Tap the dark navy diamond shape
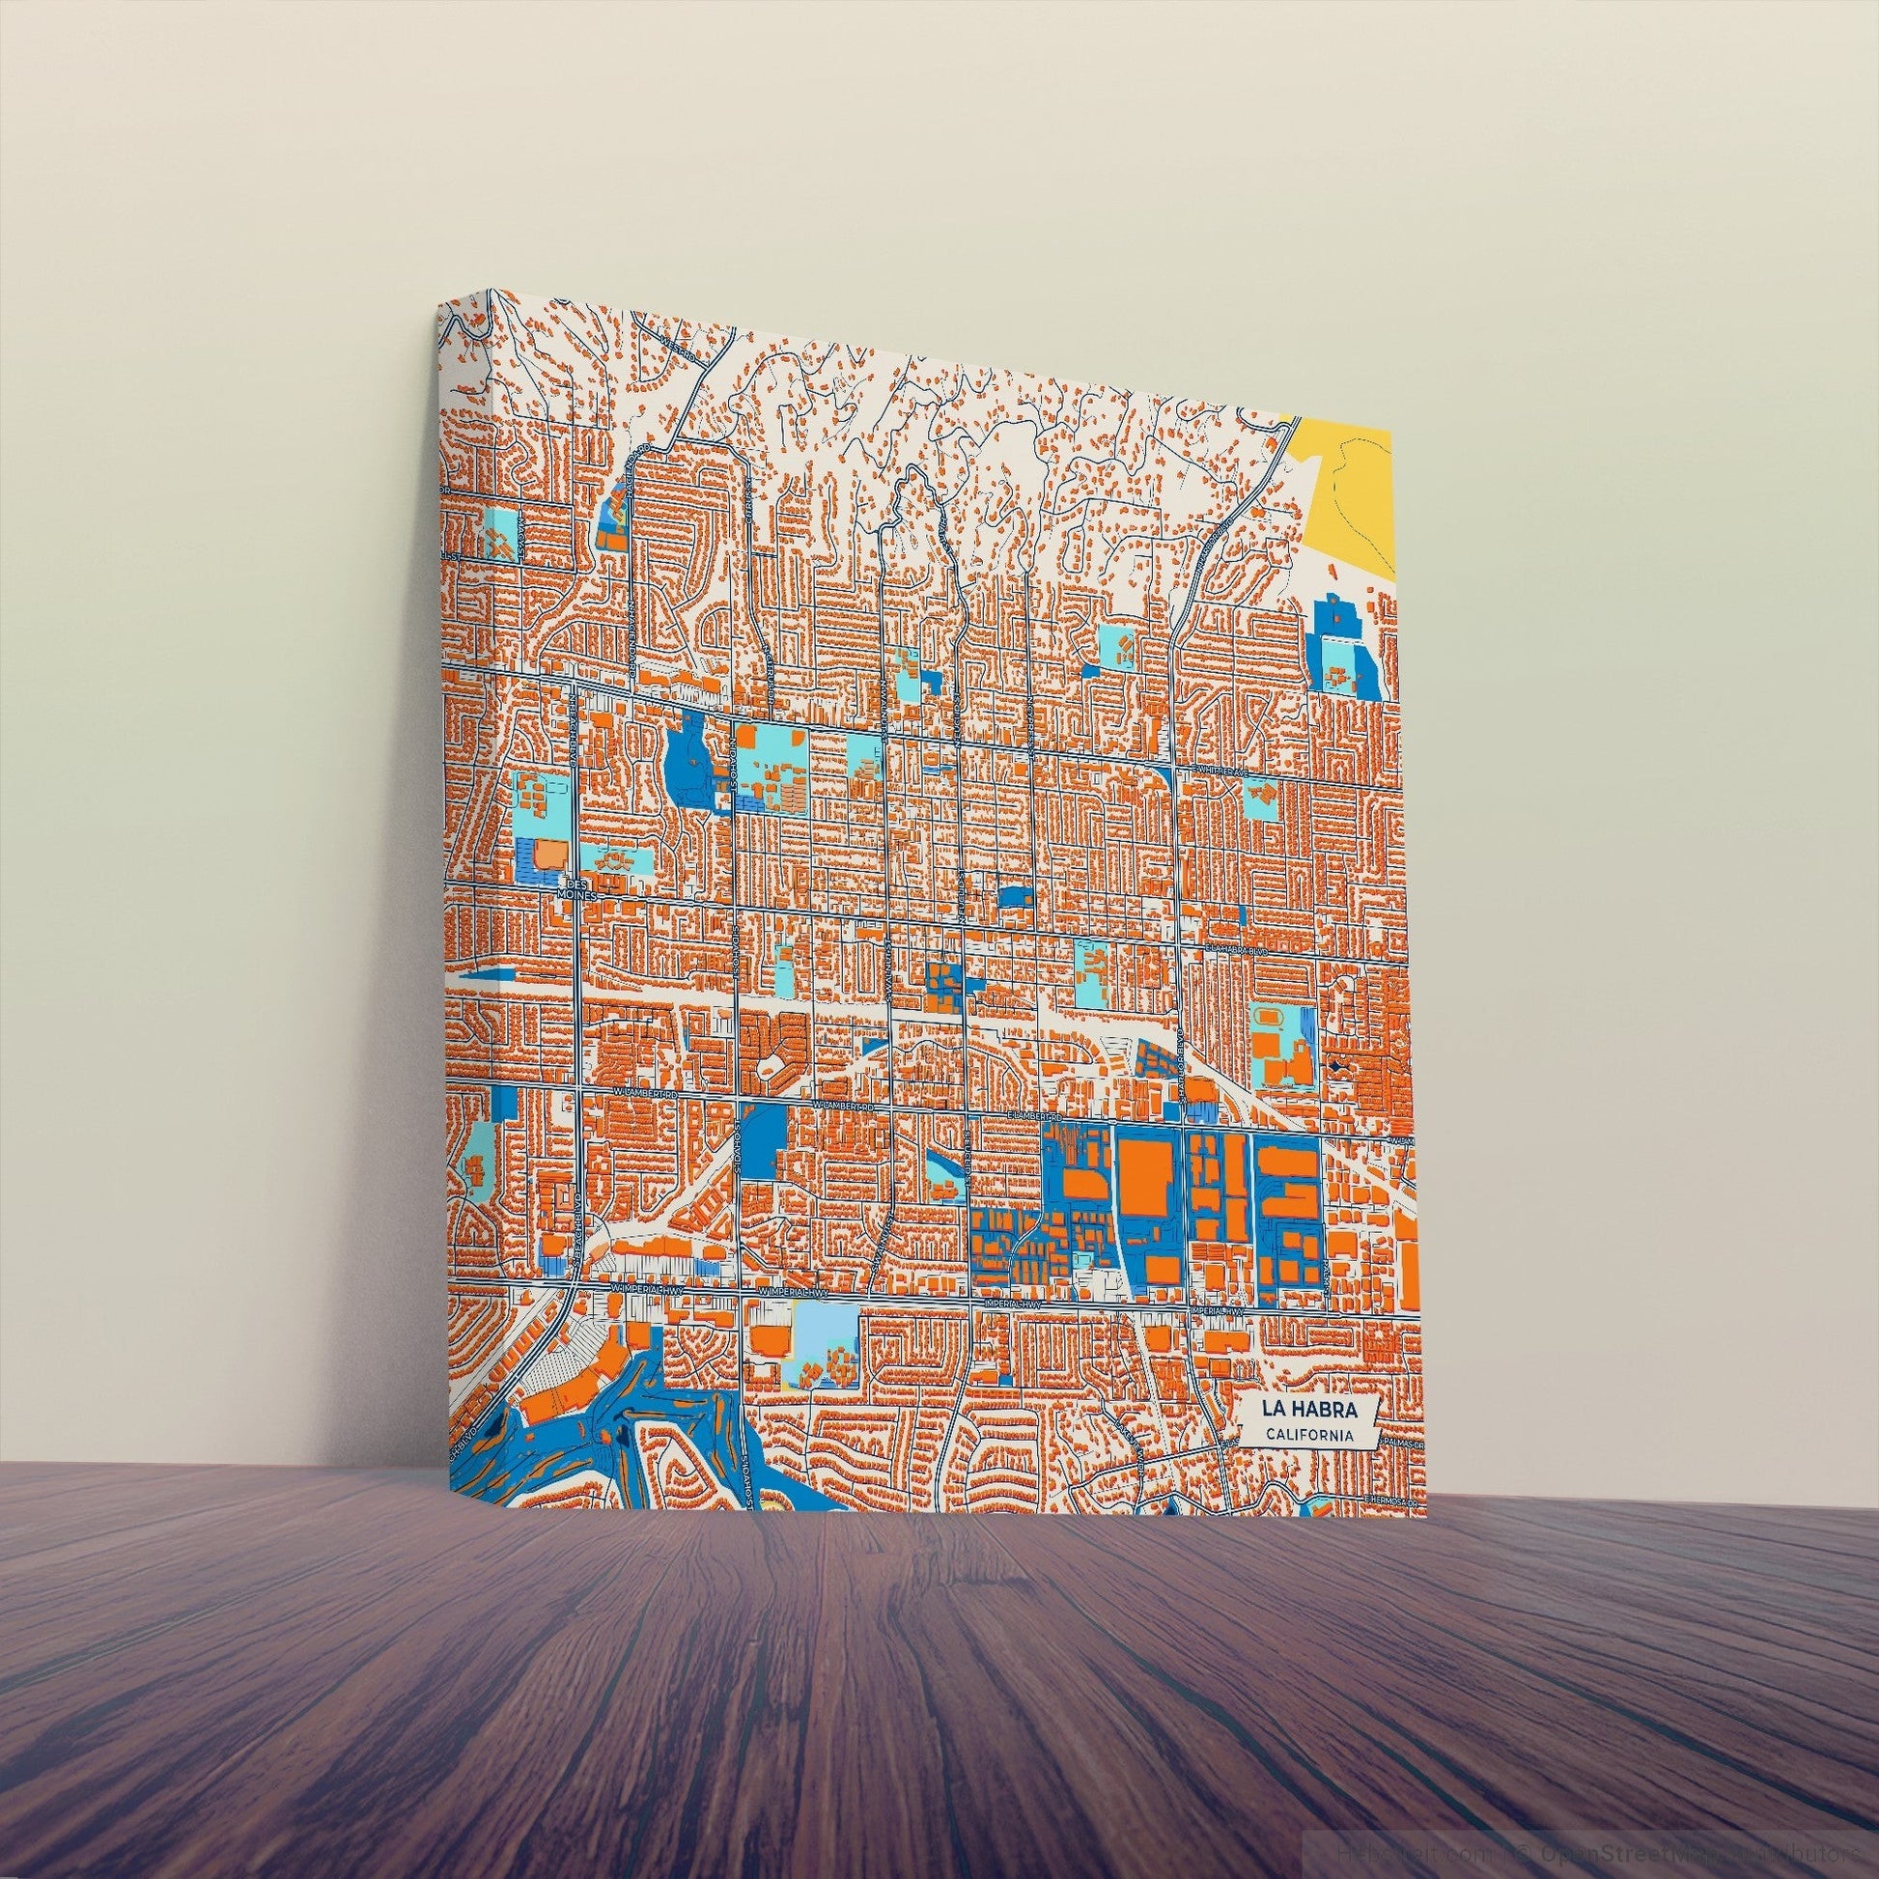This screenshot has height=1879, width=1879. coord(1344,1067)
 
